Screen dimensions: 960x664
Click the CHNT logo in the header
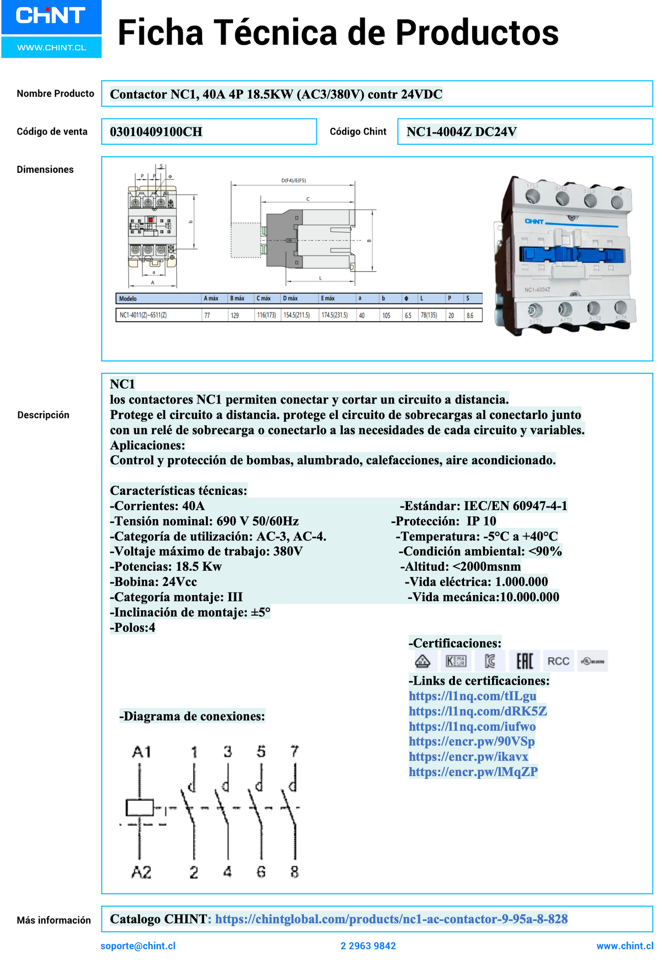[51, 16]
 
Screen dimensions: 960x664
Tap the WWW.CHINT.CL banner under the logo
[51, 48]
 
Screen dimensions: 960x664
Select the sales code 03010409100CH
[156, 132]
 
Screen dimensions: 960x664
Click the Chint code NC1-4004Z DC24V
[461, 132]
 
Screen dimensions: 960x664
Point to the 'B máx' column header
[237, 299]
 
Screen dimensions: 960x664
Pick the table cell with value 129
[235, 315]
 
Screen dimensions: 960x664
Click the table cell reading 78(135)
[429, 315]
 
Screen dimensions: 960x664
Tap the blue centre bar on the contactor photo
[573, 255]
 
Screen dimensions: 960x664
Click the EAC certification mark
[524, 661]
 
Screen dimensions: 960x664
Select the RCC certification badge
[558, 661]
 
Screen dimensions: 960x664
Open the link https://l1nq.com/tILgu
[472, 696]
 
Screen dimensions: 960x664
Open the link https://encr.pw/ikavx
[468, 756]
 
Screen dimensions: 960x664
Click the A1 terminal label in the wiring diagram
[141, 752]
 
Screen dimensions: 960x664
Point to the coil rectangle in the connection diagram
[140, 807]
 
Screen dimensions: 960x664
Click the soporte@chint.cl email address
[138, 946]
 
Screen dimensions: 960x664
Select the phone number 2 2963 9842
[368, 946]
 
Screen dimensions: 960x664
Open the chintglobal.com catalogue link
[391, 919]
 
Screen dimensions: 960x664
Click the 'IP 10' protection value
[481, 521]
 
